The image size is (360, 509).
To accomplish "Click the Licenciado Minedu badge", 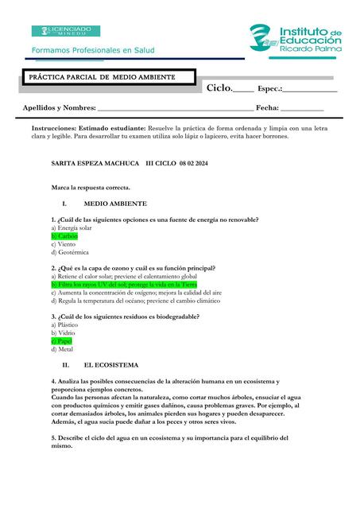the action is (x=66, y=31).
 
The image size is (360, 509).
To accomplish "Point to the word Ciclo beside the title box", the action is (x=219, y=87).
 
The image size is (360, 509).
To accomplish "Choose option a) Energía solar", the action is (x=71, y=228).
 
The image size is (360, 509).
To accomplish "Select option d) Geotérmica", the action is (x=70, y=253).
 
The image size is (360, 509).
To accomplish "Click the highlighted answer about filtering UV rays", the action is (x=123, y=284).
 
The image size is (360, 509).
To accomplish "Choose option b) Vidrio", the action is (x=63, y=332).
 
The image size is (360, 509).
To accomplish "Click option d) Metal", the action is (x=62, y=349).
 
